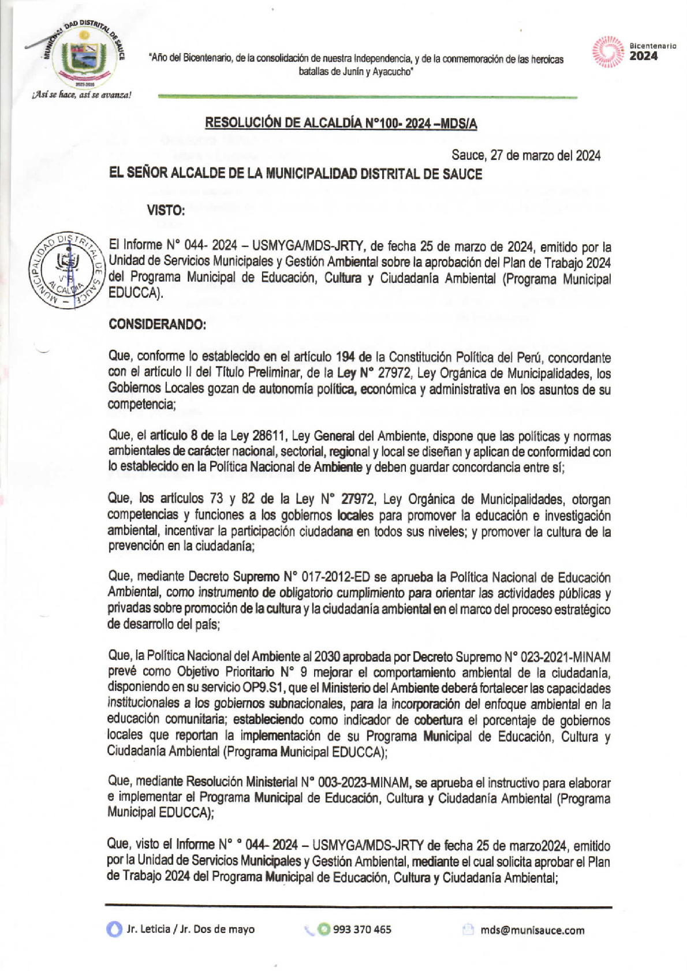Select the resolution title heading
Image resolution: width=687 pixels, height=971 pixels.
341,123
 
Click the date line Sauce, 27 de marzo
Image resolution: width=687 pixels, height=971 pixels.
525,155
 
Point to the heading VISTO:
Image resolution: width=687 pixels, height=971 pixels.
166,211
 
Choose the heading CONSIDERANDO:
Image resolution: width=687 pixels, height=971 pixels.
157,324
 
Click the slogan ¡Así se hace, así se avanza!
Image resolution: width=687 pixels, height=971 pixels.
81,95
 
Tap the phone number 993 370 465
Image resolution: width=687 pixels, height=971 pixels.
362,929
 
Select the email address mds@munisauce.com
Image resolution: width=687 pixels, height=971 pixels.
532,930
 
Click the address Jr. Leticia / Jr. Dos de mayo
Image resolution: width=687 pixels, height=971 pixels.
191,929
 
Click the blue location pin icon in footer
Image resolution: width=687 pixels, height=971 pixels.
114,929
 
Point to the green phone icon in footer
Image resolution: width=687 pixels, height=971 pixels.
324,929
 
